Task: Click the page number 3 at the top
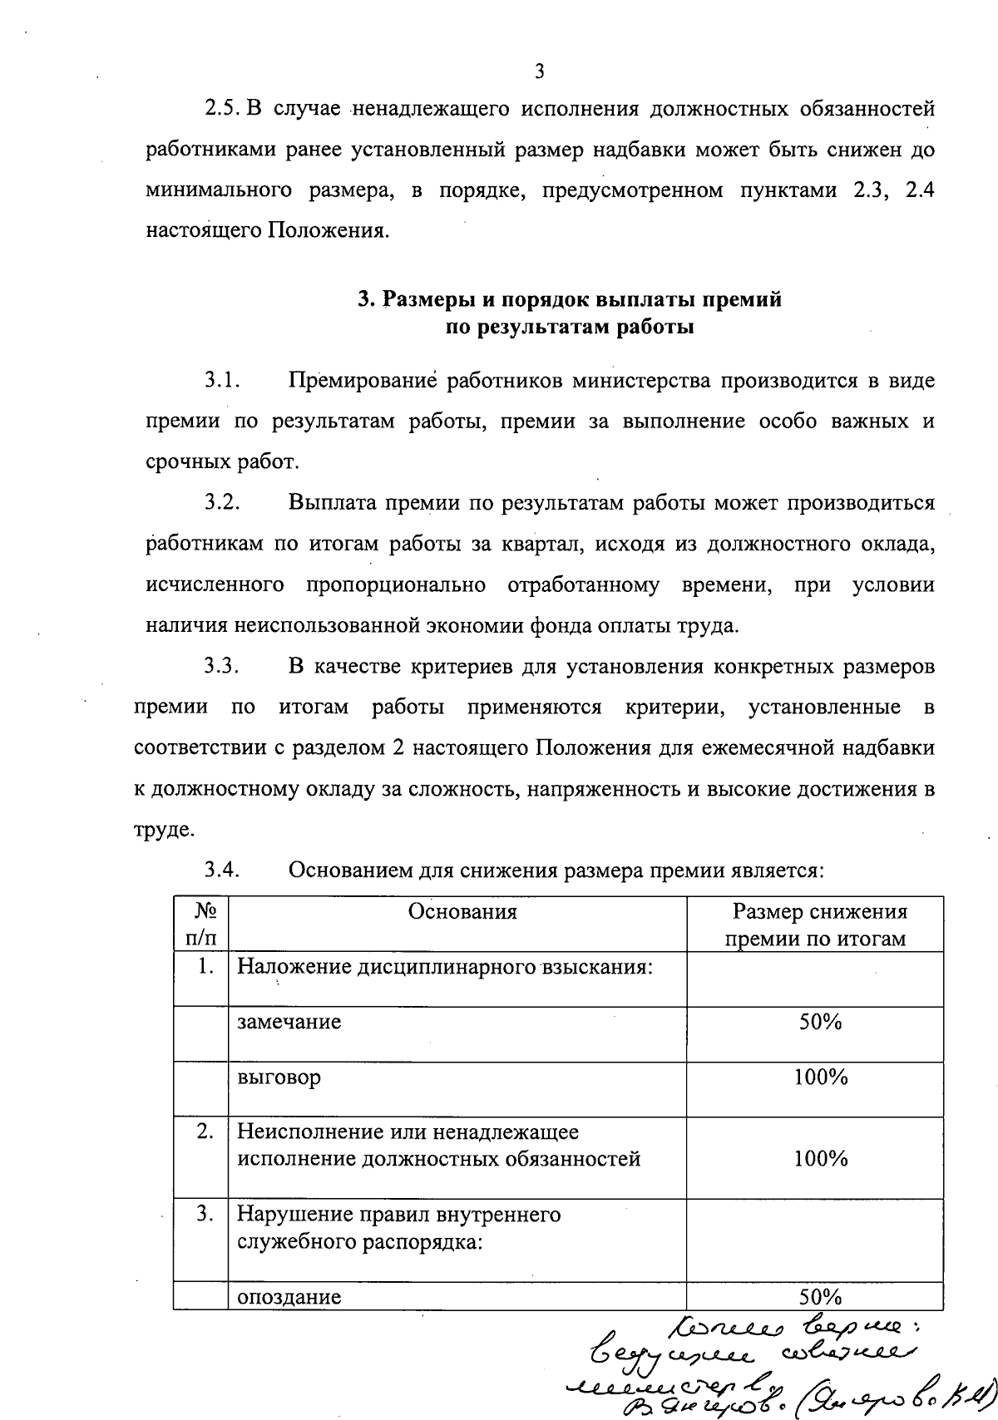539,71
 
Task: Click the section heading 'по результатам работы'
570,327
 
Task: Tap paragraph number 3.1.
223,382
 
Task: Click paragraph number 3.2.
223,504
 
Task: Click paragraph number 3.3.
223,667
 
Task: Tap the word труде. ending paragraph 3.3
165,830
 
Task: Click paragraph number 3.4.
223,870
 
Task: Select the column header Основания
462,912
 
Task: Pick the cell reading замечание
289,1022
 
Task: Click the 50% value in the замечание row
820,1022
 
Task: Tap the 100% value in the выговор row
820,1077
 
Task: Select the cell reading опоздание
289,1297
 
